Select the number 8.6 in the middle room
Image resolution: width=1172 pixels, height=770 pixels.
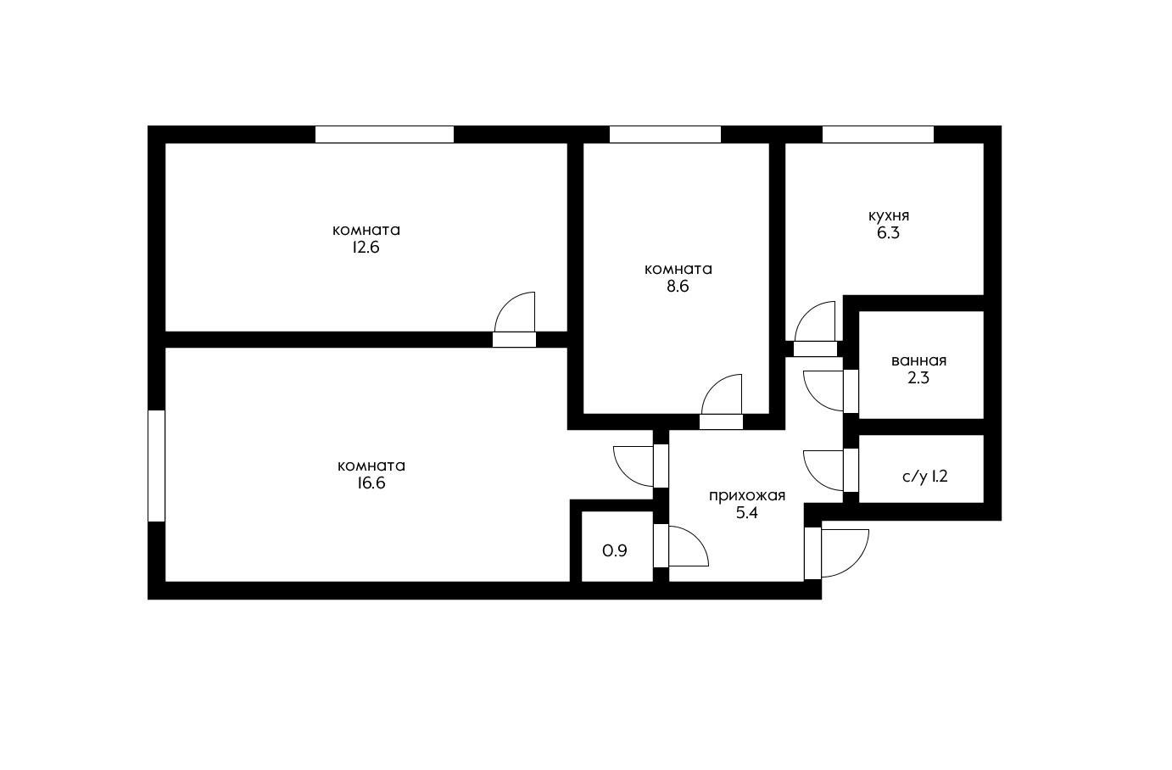pyautogui.click(x=678, y=287)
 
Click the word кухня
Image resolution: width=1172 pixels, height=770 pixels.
pyautogui.click(x=888, y=215)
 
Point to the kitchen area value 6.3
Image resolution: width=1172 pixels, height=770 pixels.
pyautogui.click(x=888, y=233)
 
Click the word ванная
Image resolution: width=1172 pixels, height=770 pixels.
pyautogui.click(x=918, y=360)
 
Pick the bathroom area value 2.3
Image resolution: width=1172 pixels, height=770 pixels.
pyautogui.click(x=918, y=378)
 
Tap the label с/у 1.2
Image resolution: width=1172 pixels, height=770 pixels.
pyautogui.click(x=924, y=477)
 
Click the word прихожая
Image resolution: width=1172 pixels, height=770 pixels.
pyautogui.click(x=747, y=495)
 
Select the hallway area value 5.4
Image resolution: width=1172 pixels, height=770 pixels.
pyautogui.click(x=747, y=513)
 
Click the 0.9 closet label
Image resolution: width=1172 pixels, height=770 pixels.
pyautogui.click(x=615, y=551)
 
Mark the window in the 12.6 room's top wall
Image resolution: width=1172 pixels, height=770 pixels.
pyautogui.click(x=384, y=134)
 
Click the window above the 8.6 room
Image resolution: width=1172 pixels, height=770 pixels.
pyautogui.click(x=665, y=134)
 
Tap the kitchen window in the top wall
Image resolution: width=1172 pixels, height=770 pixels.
pyautogui.click(x=878, y=134)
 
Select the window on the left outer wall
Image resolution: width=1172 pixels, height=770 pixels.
pyautogui.click(x=156, y=466)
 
